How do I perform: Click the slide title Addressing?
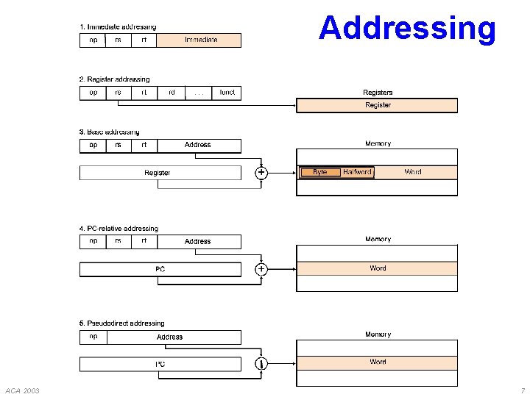pos(407,28)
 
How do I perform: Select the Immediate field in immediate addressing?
pos(199,40)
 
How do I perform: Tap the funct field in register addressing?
pos(227,93)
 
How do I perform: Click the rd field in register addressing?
pos(172,93)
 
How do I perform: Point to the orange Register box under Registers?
pos(377,105)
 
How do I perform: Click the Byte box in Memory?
pos(320,172)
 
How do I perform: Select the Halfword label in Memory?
pos(358,172)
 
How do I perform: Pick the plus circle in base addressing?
pos(261,173)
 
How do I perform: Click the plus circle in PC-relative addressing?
pos(261,269)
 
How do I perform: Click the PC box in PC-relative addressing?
pos(160,269)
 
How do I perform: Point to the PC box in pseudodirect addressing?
pos(160,364)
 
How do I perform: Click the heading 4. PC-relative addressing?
pos(119,229)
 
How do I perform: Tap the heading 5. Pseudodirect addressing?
pos(122,323)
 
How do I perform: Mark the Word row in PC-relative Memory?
pos(377,268)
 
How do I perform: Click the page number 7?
pos(522,390)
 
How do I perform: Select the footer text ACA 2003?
pos(22,390)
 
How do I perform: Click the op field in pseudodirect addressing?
pos(93,337)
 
